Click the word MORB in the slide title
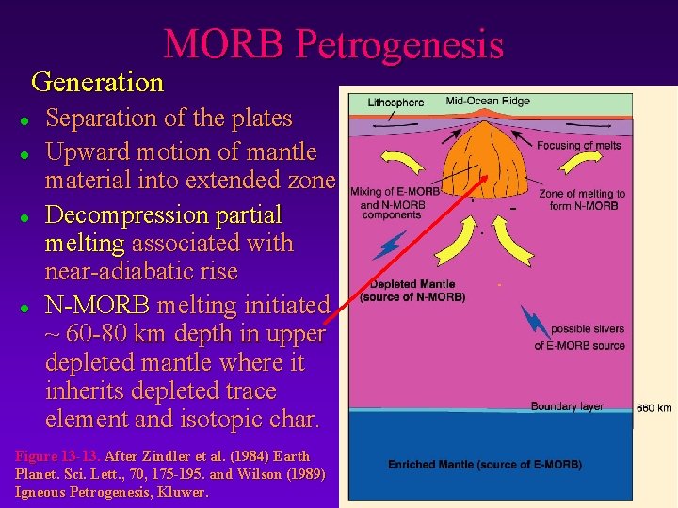pyautogui.click(x=223, y=44)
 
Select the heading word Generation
pyautogui.click(x=97, y=83)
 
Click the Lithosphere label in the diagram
pyautogui.click(x=395, y=103)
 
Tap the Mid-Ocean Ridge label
pyautogui.click(x=487, y=102)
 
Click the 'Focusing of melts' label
pyautogui.click(x=579, y=146)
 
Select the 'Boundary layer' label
pyautogui.click(x=567, y=406)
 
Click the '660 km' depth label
pyautogui.click(x=654, y=408)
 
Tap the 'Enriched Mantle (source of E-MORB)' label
pyautogui.click(x=485, y=465)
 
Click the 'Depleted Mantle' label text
pyautogui.click(x=412, y=284)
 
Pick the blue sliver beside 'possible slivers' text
pyautogui.click(x=537, y=321)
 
